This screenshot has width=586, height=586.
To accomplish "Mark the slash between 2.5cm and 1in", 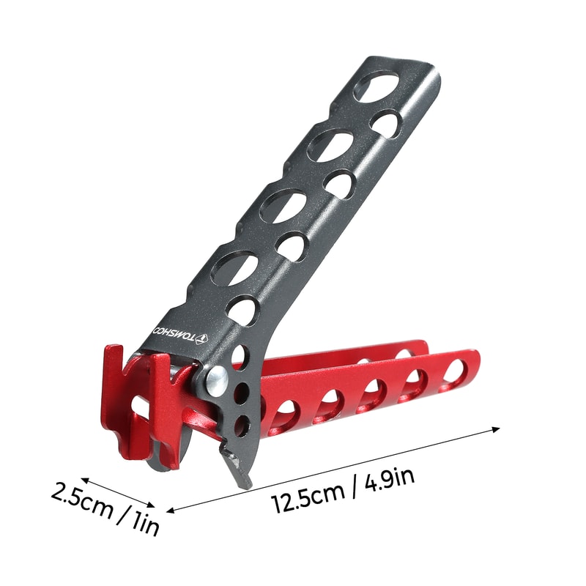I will click(x=121, y=512).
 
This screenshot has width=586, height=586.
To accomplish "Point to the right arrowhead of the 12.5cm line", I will click(x=497, y=429).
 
